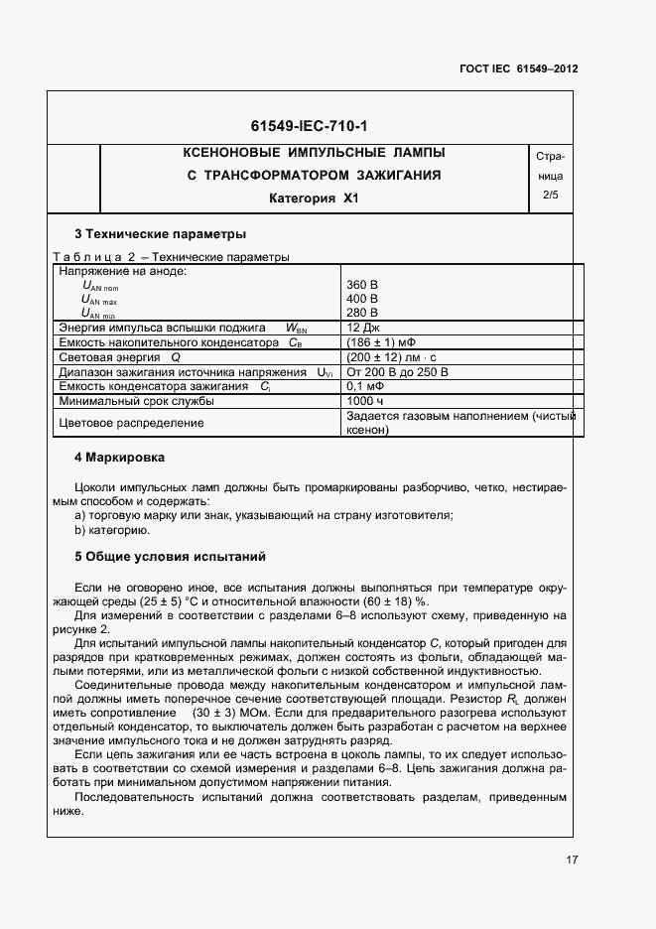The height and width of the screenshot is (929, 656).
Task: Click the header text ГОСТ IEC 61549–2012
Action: pos(518,69)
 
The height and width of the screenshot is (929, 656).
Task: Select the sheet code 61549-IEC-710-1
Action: pos(310,126)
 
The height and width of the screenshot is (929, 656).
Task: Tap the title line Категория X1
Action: pos(313,198)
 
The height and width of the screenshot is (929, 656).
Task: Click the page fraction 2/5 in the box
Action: pos(550,196)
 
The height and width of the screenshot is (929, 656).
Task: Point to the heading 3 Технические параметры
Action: pos(161,235)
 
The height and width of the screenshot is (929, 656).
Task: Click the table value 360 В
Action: pos(362,285)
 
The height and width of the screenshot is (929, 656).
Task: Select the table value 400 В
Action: pos(362,299)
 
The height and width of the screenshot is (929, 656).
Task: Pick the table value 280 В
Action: pos(362,313)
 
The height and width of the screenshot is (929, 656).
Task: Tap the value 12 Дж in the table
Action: pos(364,327)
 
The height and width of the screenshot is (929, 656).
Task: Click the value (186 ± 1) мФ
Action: pos(381,341)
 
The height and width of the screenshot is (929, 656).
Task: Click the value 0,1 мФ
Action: pos(365,386)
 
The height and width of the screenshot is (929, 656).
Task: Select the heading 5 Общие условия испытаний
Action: pos(171,556)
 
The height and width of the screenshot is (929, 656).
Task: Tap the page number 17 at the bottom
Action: pos(572,861)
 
